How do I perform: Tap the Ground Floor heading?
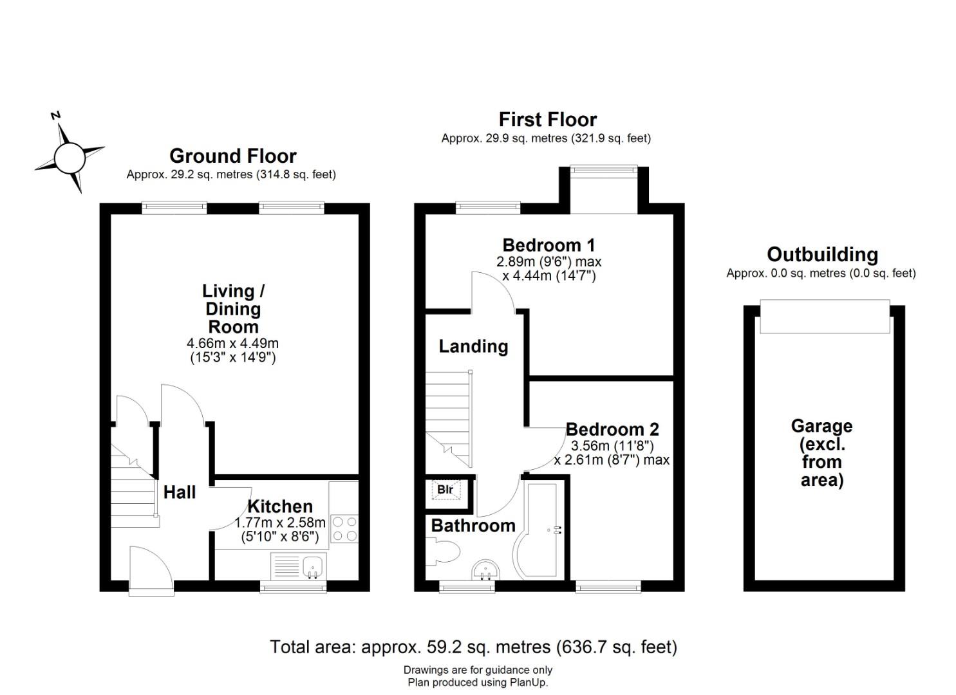pos(232,156)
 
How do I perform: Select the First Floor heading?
pos(547,120)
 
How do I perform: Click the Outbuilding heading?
pos(822,255)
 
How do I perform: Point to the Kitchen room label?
pos(280,506)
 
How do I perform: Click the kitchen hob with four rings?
pos(344,528)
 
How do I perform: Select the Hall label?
pos(179,493)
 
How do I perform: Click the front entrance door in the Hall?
pos(151,570)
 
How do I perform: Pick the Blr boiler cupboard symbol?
pos(445,490)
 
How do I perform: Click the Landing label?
pos(473,347)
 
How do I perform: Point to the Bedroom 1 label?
pos(548,245)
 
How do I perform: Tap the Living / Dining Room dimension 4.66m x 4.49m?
pos(232,344)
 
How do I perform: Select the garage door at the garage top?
pos(824,316)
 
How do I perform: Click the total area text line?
pos(473,647)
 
